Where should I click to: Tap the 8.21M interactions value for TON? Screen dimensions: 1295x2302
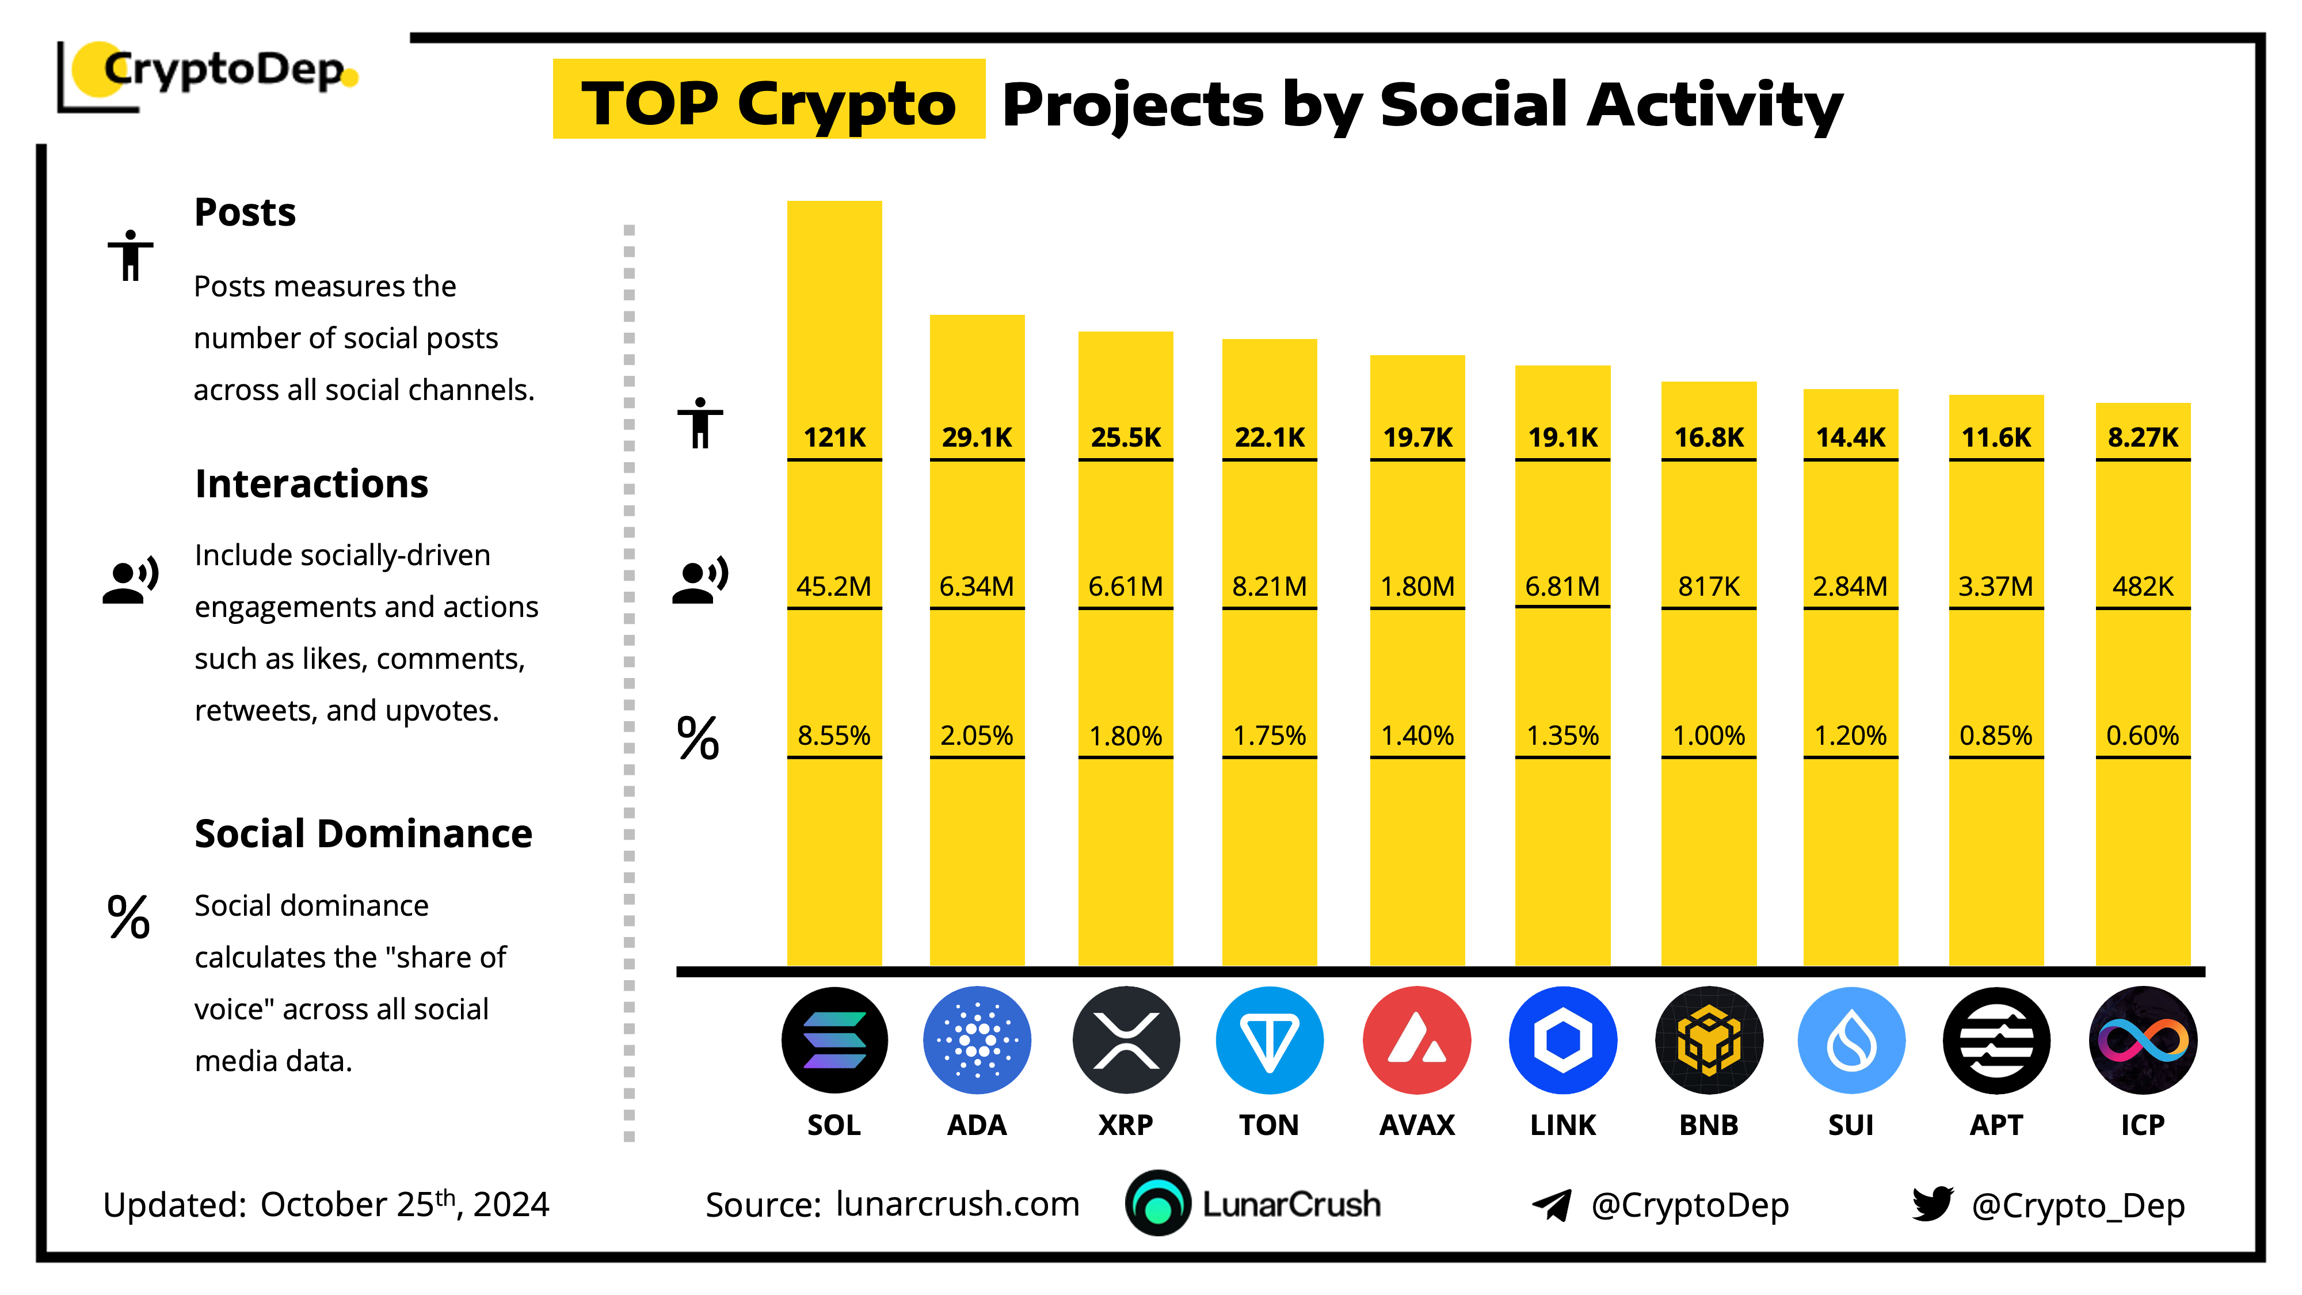(x=1269, y=586)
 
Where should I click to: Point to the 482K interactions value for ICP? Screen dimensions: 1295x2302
(x=2142, y=586)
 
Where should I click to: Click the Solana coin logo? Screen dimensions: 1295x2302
(x=834, y=1039)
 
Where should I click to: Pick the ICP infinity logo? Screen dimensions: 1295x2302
(x=2142, y=1039)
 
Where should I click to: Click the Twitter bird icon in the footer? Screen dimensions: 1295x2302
(x=1932, y=1204)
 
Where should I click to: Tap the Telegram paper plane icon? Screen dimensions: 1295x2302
(x=1552, y=1205)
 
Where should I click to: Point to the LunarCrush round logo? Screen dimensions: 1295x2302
(x=1158, y=1203)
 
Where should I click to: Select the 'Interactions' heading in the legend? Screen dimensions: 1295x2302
(x=311, y=483)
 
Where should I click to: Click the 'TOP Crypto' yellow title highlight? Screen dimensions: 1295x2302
(x=768, y=100)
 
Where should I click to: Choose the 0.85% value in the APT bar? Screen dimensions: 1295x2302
(x=1995, y=736)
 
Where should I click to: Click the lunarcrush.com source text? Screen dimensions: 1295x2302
(x=957, y=1204)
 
